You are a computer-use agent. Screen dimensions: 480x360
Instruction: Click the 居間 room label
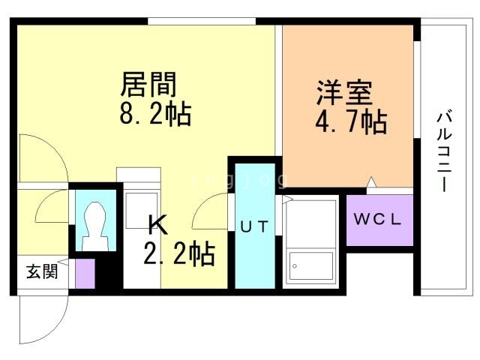148,85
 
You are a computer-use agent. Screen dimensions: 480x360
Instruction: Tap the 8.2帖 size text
155,113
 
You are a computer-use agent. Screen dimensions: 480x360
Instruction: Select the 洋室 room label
344,92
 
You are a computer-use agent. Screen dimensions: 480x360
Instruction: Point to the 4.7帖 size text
351,121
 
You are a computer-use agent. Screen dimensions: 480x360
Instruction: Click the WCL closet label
377,219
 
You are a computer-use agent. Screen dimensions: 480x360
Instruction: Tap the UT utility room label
254,226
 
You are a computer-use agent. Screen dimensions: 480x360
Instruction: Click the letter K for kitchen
158,225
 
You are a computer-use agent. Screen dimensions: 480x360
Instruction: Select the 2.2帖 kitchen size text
179,253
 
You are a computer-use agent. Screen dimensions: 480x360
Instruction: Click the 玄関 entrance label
42,271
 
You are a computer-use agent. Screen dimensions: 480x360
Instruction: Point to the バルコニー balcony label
444,151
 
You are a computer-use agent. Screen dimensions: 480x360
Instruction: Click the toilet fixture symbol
95,226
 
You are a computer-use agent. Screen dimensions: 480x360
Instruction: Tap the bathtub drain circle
295,266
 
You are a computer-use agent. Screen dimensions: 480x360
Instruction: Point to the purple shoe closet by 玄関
85,273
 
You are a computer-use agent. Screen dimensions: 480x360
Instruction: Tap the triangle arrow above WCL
371,181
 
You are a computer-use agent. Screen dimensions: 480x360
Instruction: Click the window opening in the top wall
202,21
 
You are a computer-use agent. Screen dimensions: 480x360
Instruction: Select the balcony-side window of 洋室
417,89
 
